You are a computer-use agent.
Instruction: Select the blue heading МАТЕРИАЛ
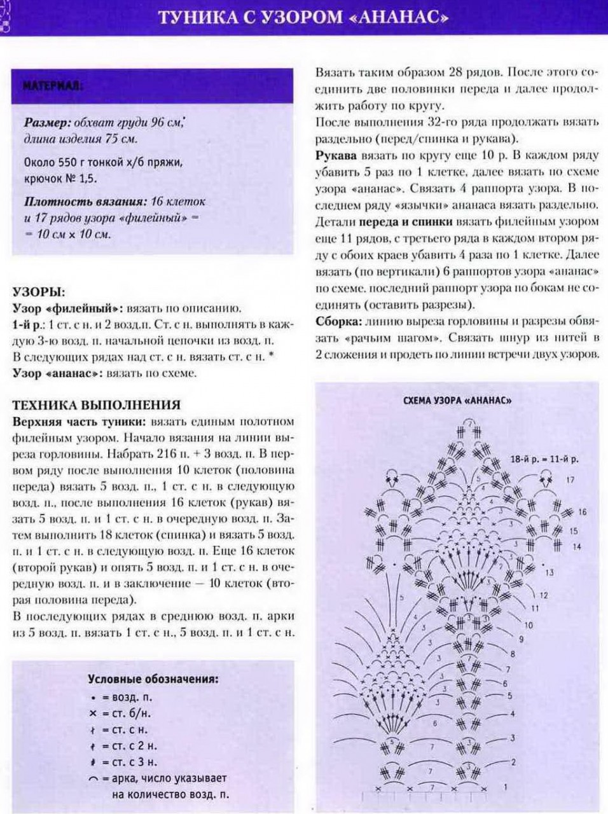coord(53,85)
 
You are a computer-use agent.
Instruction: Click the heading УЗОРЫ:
coord(39,293)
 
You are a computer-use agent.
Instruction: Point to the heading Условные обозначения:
coord(153,679)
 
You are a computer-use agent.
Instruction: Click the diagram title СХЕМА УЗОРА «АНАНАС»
coord(458,401)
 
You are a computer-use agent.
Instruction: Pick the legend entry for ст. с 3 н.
coord(124,762)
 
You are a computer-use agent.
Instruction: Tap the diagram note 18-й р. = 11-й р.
coord(540,458)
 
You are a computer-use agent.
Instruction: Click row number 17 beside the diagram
coord(570,480)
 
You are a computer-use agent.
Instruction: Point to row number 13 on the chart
coord(549,572)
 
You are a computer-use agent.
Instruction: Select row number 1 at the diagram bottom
coord(506,787)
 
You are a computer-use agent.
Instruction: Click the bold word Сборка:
coord(338,321)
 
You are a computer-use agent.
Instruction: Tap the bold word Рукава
coord(336,155)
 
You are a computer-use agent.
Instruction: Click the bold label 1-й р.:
coord(29,324)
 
